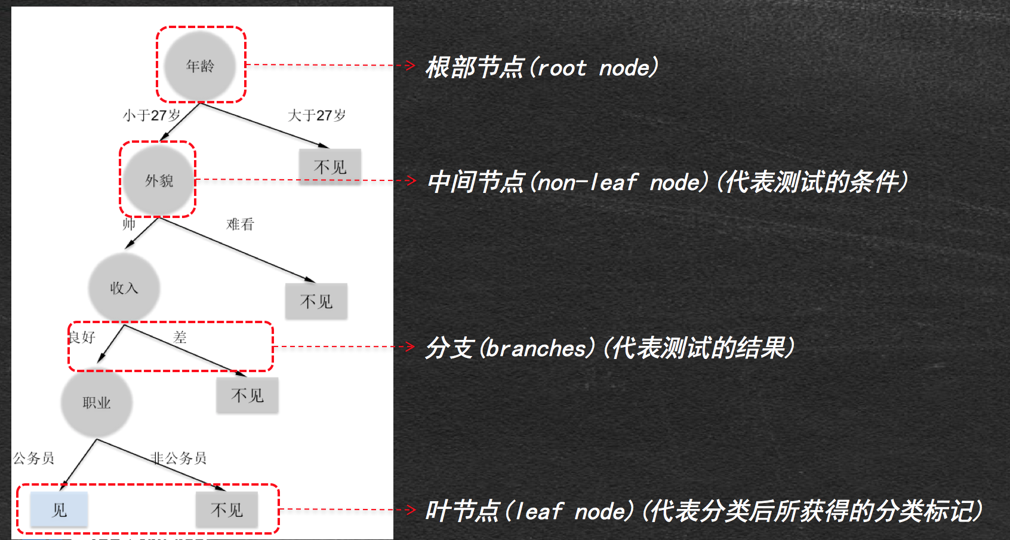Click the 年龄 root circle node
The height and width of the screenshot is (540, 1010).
point(200,66)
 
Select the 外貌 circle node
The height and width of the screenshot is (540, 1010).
point(159,180)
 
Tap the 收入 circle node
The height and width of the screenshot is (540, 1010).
point(124,288)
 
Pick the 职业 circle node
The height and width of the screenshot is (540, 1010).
point(97,403)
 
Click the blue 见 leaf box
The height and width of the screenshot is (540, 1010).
point(59,510)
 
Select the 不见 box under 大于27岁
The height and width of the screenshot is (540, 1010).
point(330,167)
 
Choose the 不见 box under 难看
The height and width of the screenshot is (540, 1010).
point(316,301)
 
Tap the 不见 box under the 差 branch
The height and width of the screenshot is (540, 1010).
point(247,395)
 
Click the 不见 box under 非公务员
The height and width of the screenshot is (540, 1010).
point(227,510)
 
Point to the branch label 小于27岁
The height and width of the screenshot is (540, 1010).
point(152,115)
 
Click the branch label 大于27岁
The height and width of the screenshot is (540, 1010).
point(316,115)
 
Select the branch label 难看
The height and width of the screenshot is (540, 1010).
point(240,225)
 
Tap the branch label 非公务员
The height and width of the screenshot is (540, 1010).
point(178,458)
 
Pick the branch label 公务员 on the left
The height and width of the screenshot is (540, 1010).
point(34,458)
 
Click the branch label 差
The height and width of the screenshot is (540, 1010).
point(180,337)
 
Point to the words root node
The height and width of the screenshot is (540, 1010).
point(597,68)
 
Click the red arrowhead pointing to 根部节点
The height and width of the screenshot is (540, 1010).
point(410,65)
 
